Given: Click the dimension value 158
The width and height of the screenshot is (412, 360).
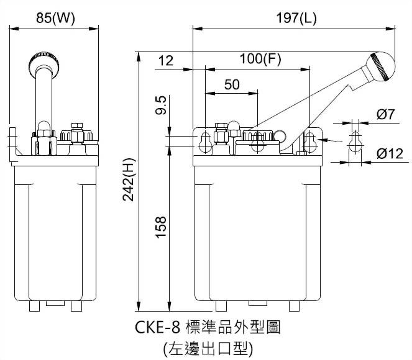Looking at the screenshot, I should pyautogui.click(x=160, y=230).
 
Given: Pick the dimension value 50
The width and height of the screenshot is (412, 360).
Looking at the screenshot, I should pyautogui.click(x=231, y=85).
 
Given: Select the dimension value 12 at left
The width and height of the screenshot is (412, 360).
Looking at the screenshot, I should pyautogui.click(x=166, y=60).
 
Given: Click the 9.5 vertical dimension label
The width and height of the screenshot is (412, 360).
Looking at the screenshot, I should pyautogui.click(x=160, y=107).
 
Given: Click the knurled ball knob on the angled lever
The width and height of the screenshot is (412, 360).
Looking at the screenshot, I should pyautogui.click(x=380, y=64).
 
